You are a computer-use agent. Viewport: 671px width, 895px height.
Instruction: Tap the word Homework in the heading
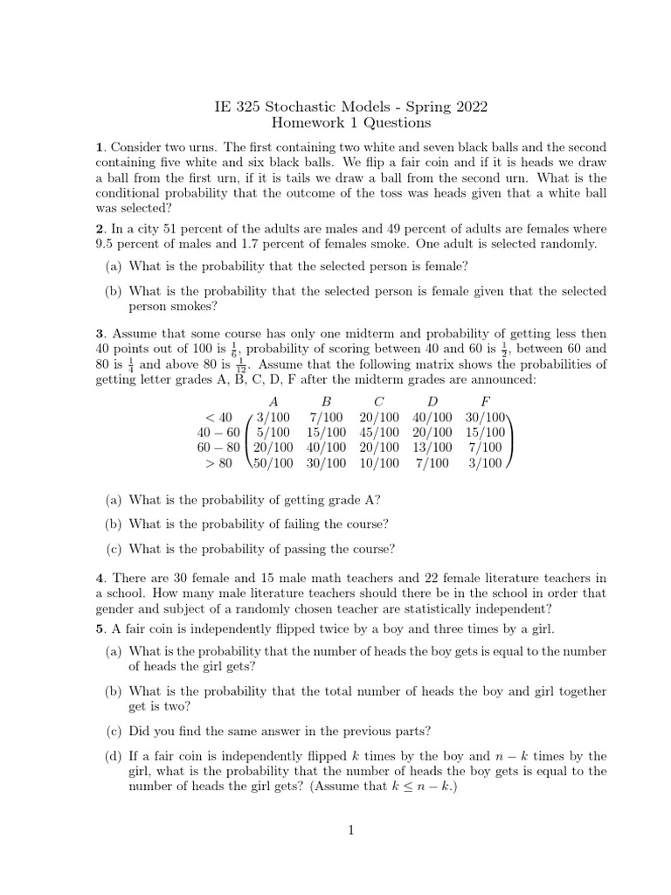point(308,124)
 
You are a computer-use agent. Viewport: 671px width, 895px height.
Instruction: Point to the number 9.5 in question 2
point(108,244)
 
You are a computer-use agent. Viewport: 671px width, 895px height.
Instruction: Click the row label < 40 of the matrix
point(218,417)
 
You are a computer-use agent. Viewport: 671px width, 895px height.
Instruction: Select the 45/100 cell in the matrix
point(379,432)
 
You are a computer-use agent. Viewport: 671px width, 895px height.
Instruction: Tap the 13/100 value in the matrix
point(432,447)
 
